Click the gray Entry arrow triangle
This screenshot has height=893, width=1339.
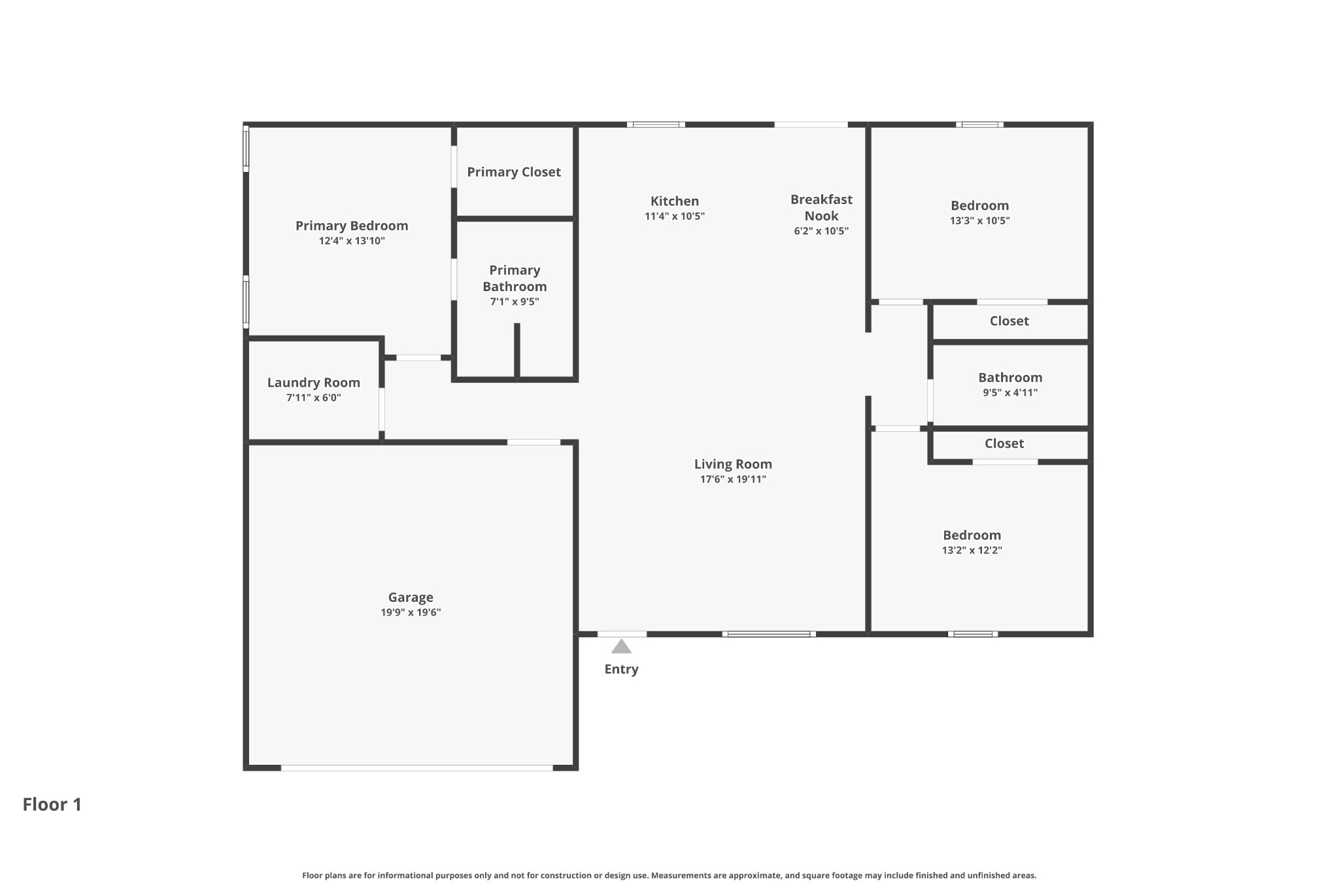[621, 647]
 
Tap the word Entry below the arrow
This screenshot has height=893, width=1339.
[621, 669]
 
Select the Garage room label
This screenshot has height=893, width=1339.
[411, 597]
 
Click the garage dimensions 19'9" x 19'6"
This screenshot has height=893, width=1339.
[411, 612]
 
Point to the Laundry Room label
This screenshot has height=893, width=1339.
[314, 383]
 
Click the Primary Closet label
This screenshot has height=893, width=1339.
[514, 172]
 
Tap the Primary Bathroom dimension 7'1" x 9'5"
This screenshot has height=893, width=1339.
[515, 302]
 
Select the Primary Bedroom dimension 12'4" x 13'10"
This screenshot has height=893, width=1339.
[352, 241]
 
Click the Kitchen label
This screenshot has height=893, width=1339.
[675, 201]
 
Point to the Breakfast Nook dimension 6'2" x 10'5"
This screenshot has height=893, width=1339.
[821, 231]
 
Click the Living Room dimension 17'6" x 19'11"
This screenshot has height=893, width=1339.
[733, 479]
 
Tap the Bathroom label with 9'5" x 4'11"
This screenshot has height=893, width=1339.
[1010, 377]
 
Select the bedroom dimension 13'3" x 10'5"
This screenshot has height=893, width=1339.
[979, 220]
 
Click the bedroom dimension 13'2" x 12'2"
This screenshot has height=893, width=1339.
[972, 550]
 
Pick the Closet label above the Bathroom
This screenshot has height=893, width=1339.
[1009, 321]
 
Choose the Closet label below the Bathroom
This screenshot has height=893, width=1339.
[1004, 444]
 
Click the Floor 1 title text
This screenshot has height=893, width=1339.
[52, 804]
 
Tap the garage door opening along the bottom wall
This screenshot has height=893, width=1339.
[417, 768]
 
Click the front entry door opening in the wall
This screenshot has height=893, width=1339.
[622, 634]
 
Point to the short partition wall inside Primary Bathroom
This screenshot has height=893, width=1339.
[517, 351]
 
